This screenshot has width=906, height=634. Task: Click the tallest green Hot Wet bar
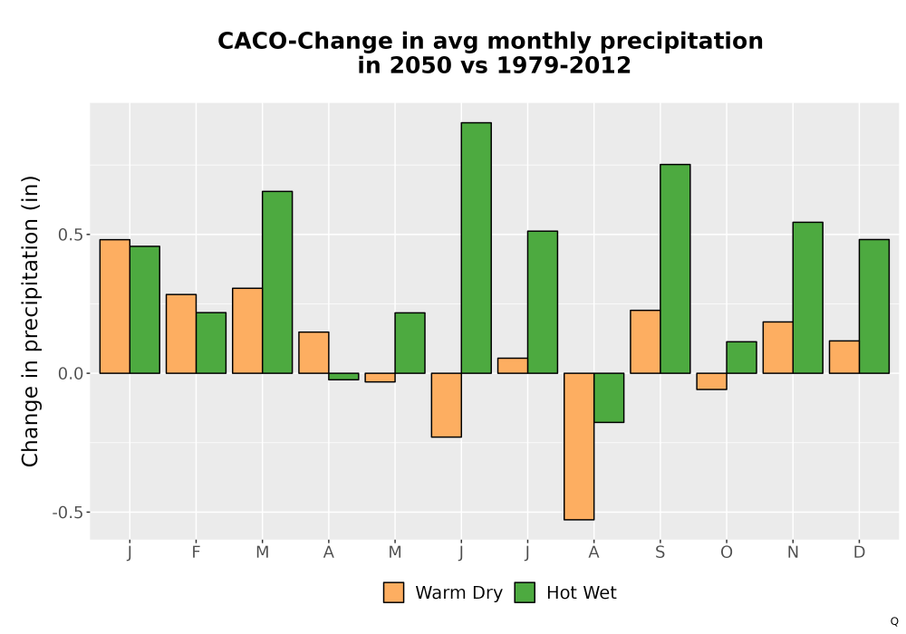pyautogui.click(x=477, y=247)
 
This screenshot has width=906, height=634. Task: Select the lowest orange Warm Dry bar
pyautogui.click(x=579, y=447)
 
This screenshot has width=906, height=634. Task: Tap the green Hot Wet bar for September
pyautogui.click(x=675, y=269)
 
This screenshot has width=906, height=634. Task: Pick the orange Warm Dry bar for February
pyautogui.click(x=181, y=333)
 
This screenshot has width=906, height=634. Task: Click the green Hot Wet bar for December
pyautogui.click(x=873, y=307)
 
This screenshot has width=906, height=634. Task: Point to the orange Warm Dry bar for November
pyautogui.click(x=777, y=348)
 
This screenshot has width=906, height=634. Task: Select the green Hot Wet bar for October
pyautogui.click(x=741, y=358)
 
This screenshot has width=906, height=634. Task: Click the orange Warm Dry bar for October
pyautogui.click(x=711, y=381)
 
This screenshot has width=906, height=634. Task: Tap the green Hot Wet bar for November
pyautogui.click(x=808, y=298)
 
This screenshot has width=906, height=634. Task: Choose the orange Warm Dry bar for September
pyautogui.click(x=645, y=341)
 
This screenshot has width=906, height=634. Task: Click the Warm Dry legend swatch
pyautogui.click(x=393, y=592)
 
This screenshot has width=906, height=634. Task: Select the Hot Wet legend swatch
pyautogui.click(x=525, y=592)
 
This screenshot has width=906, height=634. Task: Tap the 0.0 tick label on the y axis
pyautogui.click(x=71, y=373)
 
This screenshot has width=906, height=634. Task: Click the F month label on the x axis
pyautogui.click(x=196, y=552)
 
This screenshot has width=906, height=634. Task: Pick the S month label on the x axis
pyautogui.click(x=660, y=552)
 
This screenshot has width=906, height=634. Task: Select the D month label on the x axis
pyautogui.click(x=859, y=552)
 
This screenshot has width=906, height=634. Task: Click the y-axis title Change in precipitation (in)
pyautogui.click(x=30, y=321)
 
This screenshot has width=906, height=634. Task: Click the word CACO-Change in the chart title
pyautogui.click(x=297, y=41)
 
